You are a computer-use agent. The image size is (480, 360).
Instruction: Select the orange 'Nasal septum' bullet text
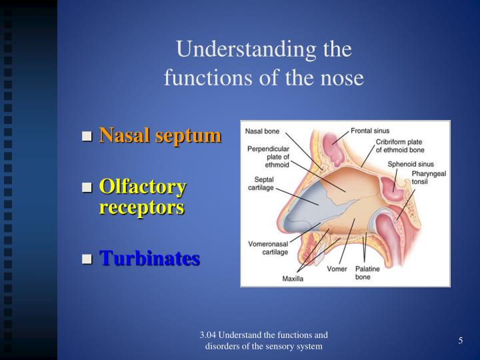[x=160, y=135]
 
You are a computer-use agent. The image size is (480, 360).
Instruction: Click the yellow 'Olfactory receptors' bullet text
[x=143, y=197]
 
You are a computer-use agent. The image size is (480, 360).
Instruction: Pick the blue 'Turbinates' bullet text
[x=149, y=258]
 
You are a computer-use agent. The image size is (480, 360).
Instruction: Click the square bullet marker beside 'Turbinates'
[x=87, y=259]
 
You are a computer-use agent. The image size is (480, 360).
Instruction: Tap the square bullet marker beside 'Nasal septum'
[x=87, y=137]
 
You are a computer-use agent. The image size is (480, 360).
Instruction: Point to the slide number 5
[x=461, y=341]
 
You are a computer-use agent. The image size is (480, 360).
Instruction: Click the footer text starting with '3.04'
[x=264, y=341]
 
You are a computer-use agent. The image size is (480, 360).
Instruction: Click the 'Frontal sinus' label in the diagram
[x=370, y=131]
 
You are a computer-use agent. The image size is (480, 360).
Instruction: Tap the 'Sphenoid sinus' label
[x=411, y=164]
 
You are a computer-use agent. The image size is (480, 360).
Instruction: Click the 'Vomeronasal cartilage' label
[x=267, y=247]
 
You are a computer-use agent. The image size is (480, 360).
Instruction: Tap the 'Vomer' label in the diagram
[x=337, y=269]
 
